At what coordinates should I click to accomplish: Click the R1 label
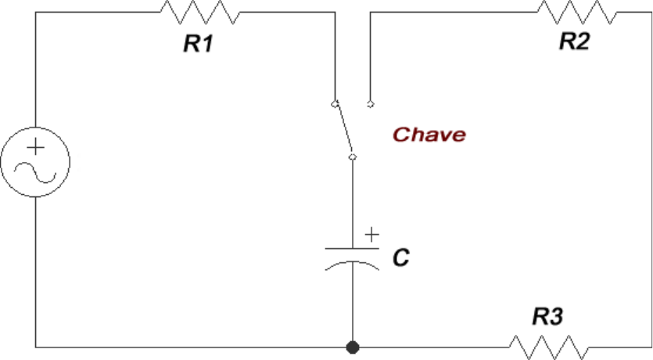click(199, 43)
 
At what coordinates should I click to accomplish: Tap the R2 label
click(574, 41)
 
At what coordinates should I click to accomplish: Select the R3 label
click(548, 316)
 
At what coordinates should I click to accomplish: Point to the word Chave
click(429, 135)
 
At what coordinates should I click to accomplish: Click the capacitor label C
click(401, 257)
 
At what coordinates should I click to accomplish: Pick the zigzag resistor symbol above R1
click(200, 12)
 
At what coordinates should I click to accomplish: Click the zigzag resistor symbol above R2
click(577, 12)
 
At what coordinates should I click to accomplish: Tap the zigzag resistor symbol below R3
click(549, 347)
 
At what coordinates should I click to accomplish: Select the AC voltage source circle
click(35, 162)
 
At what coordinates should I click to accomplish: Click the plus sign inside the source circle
click(35, 147)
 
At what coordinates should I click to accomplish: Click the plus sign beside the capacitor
click(372, 235)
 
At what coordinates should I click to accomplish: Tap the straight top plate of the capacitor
click(353, 248)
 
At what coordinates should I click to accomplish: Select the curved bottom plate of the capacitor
click(353, 265)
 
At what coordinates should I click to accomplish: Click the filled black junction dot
click(353, 347)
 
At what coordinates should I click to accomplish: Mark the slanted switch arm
click(344, 129)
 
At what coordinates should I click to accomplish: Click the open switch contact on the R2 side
click(370, 104)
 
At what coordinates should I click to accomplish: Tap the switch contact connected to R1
click(335, 104)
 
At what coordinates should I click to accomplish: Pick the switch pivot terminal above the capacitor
click(353, 157)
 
